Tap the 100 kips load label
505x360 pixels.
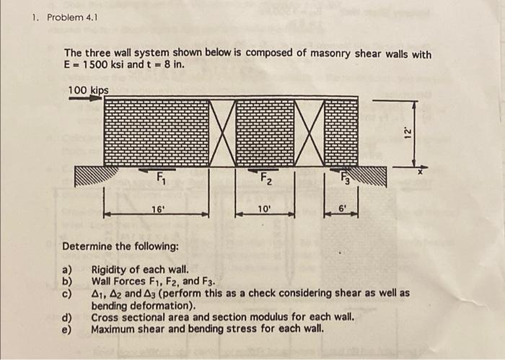89,89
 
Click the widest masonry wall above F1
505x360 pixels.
156,133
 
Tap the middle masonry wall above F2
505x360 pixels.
265,133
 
